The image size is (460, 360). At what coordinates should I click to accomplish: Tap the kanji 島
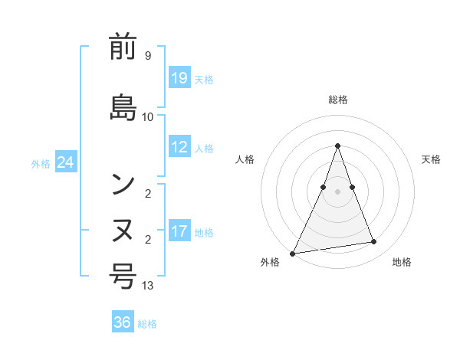click(x=123, y=106)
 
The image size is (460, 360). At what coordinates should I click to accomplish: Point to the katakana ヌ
click(x=123, y=228)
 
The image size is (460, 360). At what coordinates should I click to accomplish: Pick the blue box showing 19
click(x=179, y=77)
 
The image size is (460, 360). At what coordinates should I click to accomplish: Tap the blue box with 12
click(x=179, y=147)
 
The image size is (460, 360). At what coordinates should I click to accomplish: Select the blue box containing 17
click(x=179, y=231)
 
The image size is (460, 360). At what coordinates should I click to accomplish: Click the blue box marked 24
click(x=66, y=162)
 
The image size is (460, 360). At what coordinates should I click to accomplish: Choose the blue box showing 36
click(x=123, y=322)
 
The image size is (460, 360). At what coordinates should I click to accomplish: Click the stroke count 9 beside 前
click(x=147, y=56)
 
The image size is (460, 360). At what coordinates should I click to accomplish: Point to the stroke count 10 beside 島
click(x=148, y=117)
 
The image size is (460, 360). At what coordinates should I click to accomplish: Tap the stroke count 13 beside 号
click(x=148, y=286)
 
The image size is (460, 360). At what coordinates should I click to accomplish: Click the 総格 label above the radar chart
click(x=337, y=100)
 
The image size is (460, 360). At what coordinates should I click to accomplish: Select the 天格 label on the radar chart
click(x=431, y=159)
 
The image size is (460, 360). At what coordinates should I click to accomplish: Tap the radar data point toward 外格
click(x=293, y=254)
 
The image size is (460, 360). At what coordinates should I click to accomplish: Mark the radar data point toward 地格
click(x=374, y=242)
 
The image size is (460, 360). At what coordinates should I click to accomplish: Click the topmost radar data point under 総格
click(x=337, y=146)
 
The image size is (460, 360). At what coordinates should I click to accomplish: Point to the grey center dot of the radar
click(x=337, y=191)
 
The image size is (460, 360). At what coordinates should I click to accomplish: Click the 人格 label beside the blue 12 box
click(x=204, y=148)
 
